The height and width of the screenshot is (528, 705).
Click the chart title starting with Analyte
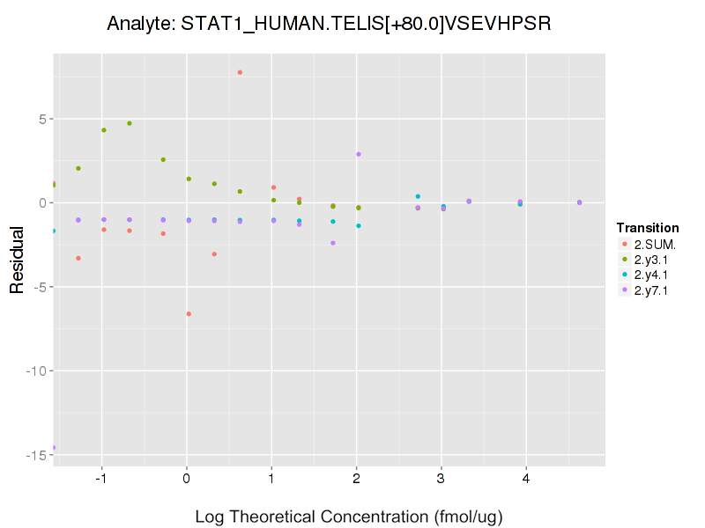pos(329,24)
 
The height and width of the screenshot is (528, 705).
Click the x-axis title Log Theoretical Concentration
pos(348,516)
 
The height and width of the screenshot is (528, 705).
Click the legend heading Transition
pos(648,228)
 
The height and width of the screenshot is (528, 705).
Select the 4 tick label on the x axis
pos(526,478)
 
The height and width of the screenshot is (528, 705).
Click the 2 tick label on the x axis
pos(356,478)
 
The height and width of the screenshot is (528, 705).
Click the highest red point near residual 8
pos(240,72)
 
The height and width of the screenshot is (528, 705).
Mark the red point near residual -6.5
pos(189,314)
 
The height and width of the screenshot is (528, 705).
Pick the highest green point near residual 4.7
pos(130,123)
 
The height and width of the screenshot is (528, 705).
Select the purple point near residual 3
pos(359,154)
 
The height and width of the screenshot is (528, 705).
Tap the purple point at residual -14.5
pos(55,448)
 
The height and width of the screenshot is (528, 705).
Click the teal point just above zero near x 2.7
pos(418,196)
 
